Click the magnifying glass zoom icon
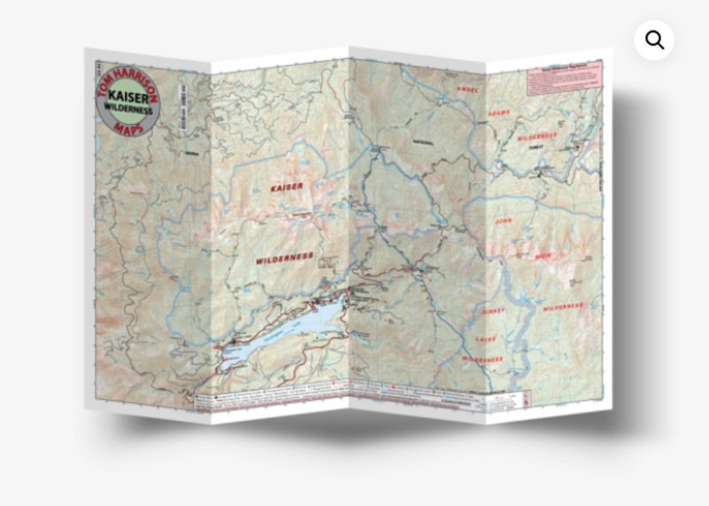tap(654, 40)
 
